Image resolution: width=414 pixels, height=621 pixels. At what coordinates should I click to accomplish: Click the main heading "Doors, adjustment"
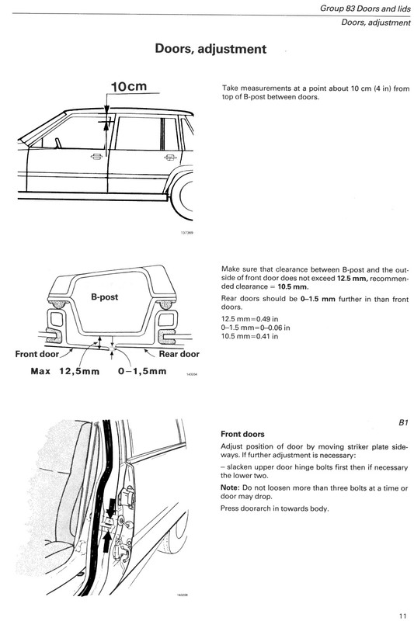pos(210,49)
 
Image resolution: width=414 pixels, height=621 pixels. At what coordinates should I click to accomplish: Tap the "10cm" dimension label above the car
pos(129,86)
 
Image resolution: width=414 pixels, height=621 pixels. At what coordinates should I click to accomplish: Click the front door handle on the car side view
pos(96,157)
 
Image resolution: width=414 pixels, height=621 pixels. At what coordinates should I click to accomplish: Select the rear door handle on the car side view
pos(170,158)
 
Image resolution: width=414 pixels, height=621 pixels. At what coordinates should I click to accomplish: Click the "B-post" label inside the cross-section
pos(105,297)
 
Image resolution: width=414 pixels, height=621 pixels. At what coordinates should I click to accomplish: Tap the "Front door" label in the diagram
pos(37,354)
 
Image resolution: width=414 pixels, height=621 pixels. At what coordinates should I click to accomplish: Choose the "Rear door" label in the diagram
pos(179,354)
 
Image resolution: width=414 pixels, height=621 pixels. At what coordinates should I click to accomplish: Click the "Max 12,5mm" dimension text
pos(65,371)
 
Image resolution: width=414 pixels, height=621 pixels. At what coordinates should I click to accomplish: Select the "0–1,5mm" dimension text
pos(142,371)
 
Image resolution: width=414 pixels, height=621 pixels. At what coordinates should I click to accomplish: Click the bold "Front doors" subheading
pos(242,434)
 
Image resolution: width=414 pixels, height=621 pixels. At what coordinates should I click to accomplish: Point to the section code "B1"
pos(403,422)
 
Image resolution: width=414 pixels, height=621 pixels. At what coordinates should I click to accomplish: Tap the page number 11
pos(403,616)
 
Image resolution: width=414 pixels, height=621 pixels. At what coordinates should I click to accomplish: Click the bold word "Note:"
pos(230,488)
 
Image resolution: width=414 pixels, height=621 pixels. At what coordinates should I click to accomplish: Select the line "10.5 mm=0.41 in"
pos(249,336)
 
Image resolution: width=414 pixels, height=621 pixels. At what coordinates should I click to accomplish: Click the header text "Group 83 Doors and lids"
pos(365,9)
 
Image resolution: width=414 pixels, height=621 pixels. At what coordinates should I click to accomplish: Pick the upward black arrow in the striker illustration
pos(106,542)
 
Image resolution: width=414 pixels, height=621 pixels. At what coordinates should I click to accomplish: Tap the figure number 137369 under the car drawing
pos(186,233)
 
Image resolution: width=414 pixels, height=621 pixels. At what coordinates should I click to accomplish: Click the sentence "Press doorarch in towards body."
pos(274,508)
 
